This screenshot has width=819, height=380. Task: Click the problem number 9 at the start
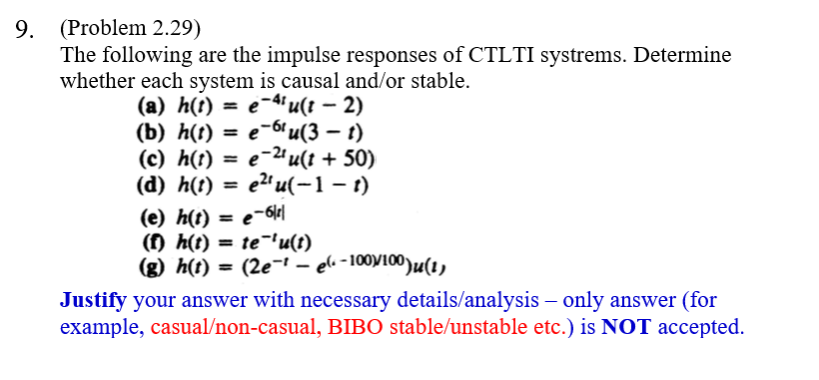pos(24,28)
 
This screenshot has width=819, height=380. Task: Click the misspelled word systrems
pos(575,55)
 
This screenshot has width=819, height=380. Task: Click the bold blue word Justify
pos(94,300)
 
